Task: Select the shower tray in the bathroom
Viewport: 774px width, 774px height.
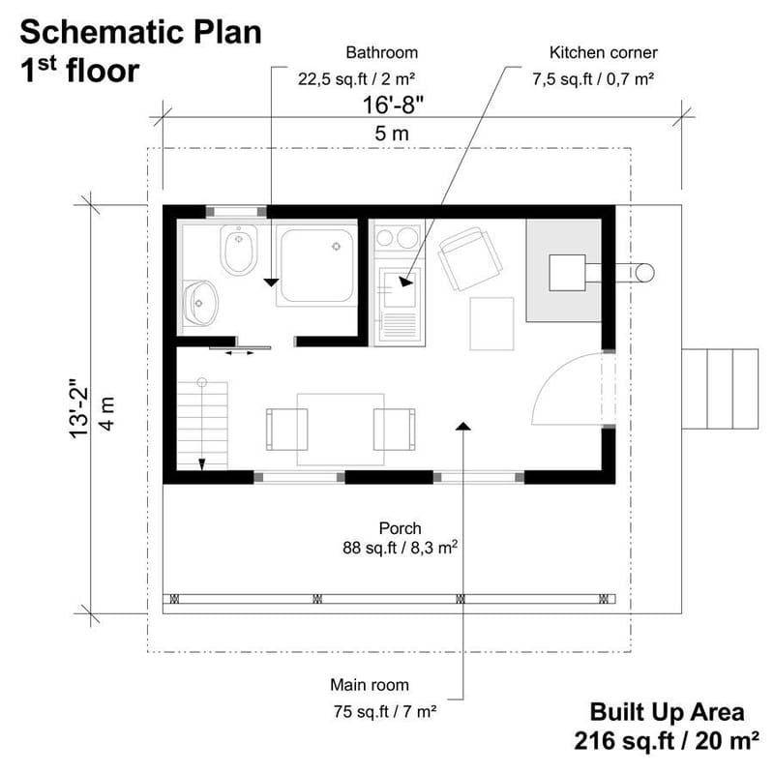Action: coord(316,264)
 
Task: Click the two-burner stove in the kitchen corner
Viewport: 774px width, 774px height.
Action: coord(397,237)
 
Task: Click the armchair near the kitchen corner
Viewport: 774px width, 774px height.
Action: coord(470,257)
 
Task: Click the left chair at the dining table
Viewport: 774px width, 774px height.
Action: coord(286,429)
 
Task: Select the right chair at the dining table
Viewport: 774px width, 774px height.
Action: coord(394,429)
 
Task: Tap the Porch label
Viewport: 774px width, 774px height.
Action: coord(400,528)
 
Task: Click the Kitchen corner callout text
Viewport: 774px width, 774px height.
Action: coord(589,52)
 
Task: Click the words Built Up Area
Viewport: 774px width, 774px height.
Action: coord(668,712)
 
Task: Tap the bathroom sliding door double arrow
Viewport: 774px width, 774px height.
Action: coord(238,353)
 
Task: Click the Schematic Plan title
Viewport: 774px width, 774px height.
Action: coord(140,32)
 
